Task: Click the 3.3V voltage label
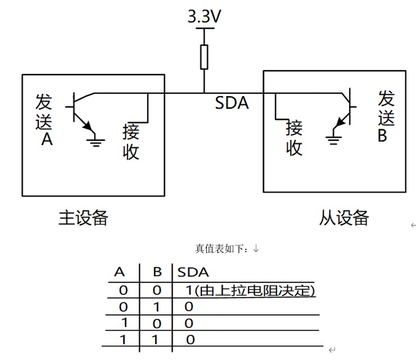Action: pyautogui.click(x=204, y=17)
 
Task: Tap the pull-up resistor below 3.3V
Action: pyautogui.click(x=204, y=57)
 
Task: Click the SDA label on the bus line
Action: pyautogui.click(x=232, y=103)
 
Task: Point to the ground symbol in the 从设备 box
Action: pyautogui.click(x=334, y=139)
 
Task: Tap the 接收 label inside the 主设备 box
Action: pyautogui.click(x=131, y=142)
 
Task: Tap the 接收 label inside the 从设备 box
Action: pyautogui.click(x=295, y=138)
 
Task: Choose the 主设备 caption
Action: pyautogui.click(x=83, y=218)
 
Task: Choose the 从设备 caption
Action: pyautogui.click(x=344, y=218)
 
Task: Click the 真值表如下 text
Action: pyautogui.click(x=224, y=248)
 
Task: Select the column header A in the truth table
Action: pyautogui.click(x=119, y=272)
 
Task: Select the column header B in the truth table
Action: pyautogui.click(x=157, y=272)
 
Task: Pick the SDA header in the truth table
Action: pyautogui.click(x=193, y=272)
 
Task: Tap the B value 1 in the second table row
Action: pyautogui.click(x=157, y=307)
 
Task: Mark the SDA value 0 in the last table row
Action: pyautogui.click(x=190, y=339)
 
